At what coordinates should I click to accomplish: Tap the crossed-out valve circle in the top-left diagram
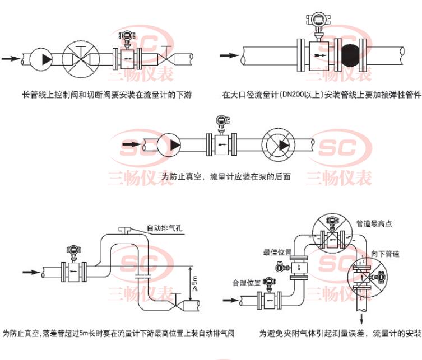tap(79, 57)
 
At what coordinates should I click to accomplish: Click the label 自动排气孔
tap(164, 228)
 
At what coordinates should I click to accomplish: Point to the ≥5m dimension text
tap(194, 283)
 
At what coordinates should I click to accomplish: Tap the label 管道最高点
tap(374, 223)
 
